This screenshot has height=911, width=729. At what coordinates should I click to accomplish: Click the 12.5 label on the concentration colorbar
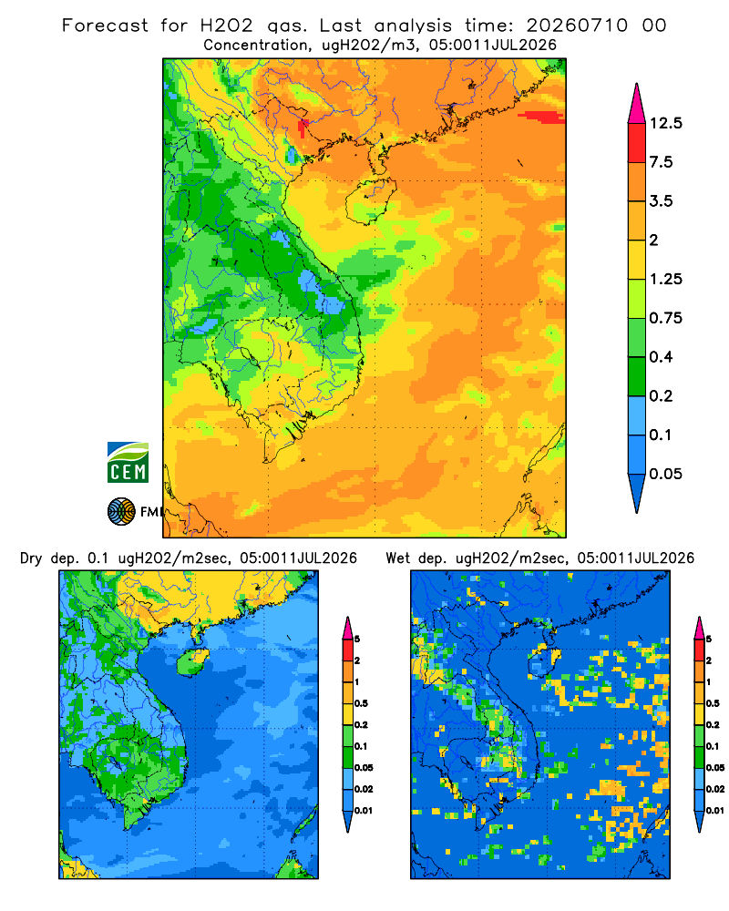[665, 123]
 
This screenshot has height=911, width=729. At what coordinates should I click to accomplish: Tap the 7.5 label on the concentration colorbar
[661, 162]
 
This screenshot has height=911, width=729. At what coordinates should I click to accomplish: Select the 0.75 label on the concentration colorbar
[665, 318]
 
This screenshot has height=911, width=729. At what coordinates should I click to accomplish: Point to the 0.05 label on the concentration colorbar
[665, 474]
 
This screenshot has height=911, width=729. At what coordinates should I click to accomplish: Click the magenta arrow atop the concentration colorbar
[637, 105]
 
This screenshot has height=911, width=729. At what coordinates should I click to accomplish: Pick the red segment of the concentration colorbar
[637, 143]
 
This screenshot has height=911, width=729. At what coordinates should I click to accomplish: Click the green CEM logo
[128, 463]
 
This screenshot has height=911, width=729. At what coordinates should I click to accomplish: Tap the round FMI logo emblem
[121, 512]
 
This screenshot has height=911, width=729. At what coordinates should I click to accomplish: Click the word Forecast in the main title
[105, 26]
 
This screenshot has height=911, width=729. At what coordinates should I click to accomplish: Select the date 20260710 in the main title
[577, 26]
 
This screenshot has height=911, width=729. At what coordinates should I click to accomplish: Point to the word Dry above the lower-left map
[31, 558]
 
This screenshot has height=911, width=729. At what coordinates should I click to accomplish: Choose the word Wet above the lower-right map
[398, 558]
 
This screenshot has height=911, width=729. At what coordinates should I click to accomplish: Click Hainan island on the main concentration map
[371, 201]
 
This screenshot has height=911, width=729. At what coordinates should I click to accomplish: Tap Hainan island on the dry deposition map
[193, 661]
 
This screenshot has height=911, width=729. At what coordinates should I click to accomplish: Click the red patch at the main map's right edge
[542, 117]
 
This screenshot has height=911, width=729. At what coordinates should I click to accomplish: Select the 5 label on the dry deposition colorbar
[357, 640]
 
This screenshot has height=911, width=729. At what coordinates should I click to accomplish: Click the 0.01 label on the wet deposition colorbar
[715, 811]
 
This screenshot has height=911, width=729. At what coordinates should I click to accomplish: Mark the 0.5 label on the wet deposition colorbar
[713, 703]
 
